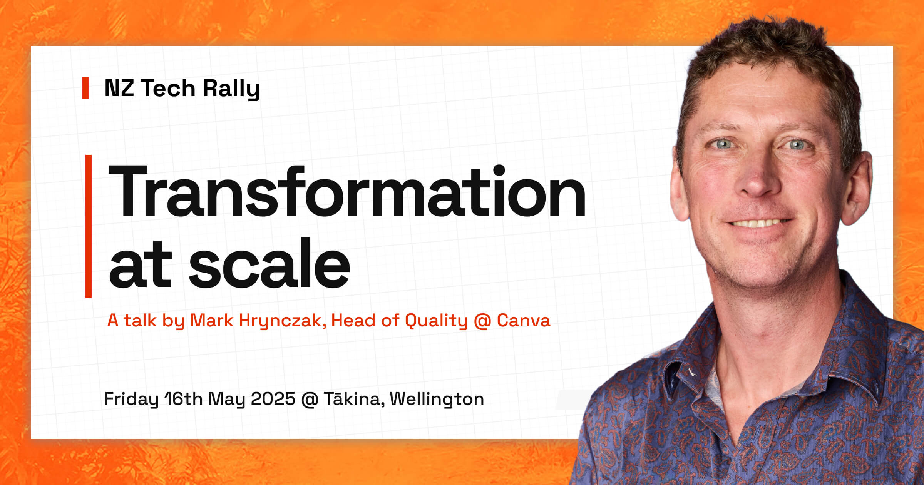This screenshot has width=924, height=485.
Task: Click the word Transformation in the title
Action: tap(346, 192)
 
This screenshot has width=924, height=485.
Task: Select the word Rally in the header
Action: tap(231, 89)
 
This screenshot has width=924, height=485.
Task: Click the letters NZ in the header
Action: tap(119, 88)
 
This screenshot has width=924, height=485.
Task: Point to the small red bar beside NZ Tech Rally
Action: tap(85, 88)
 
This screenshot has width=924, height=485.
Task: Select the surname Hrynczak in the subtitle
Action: tap(280, 321)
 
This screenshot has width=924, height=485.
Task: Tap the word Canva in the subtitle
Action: tap(524, 321)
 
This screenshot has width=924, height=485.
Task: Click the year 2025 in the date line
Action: tap(273, 399)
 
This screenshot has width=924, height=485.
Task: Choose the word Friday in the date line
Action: tap(131, 400)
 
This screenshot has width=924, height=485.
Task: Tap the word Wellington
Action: tap(437, 400)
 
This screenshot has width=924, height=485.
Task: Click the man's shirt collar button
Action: tap(692, 372)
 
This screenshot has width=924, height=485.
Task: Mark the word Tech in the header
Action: tap(168, 88)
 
